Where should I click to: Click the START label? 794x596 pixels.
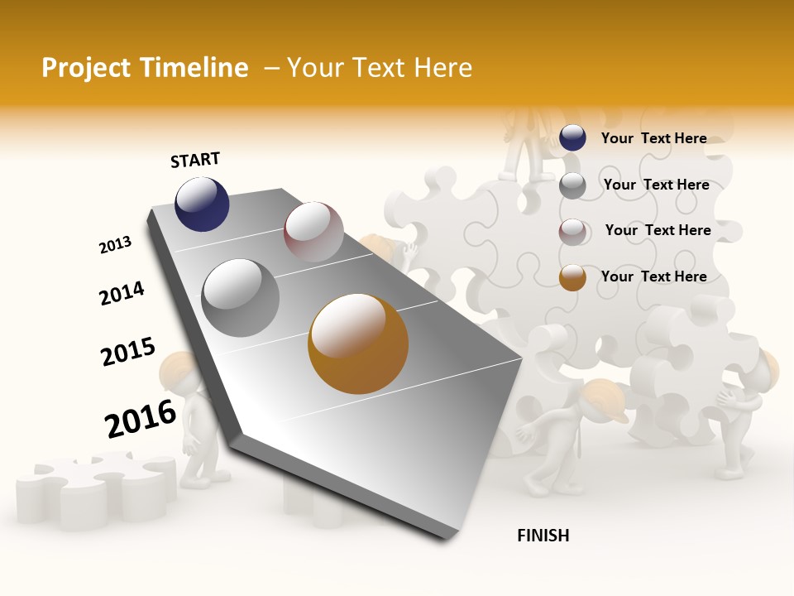[195, 160]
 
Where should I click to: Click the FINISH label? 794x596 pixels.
[543, 536]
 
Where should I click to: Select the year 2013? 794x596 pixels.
[115, 245]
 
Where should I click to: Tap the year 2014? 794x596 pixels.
[122, 294]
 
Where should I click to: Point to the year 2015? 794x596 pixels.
[128, 352]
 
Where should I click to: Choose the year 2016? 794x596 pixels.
[141, 419]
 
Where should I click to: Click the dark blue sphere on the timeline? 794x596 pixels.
[202, 204]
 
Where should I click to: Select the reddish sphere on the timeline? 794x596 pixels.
[313, 231]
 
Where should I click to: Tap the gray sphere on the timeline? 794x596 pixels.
[241, 298]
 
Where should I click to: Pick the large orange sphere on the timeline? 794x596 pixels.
[358, 344]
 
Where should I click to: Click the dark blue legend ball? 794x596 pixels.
[572, 138]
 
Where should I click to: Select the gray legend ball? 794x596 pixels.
[572, 185]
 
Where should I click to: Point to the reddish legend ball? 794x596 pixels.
[572, 232]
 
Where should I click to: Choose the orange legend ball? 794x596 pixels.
[572, 278]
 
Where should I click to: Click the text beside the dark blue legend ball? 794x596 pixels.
[653, 138]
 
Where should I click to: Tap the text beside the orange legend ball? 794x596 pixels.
[653, 276]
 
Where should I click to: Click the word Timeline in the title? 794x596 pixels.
[200, 68]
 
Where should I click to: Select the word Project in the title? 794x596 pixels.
[85, 68]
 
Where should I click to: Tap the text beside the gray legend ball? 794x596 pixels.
[656, 185]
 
